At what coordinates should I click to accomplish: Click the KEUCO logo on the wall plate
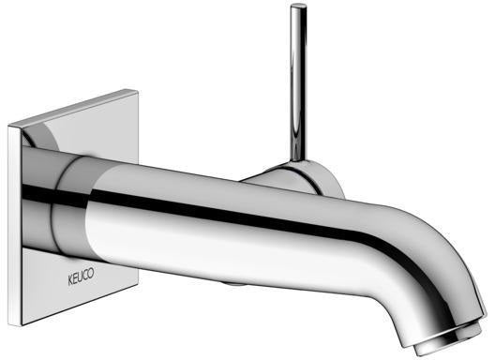[82, 277]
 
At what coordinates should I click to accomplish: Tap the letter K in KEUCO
[70, 280]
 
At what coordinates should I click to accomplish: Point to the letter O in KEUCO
[91, 274]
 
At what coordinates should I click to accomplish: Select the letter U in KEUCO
[82, 277]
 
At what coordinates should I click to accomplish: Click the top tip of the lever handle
[298, 5]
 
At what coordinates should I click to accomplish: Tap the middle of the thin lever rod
[298, 82]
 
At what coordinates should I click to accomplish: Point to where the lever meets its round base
[299, 160]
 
